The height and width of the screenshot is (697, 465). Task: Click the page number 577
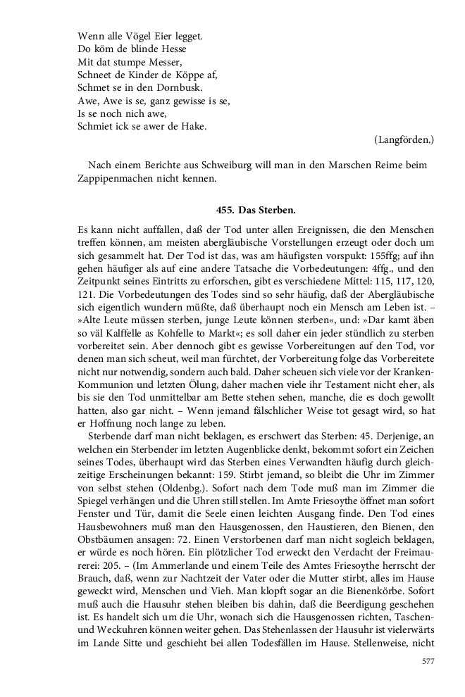(x=428, y=661)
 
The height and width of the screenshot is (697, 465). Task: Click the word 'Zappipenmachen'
(x=114, y=179)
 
